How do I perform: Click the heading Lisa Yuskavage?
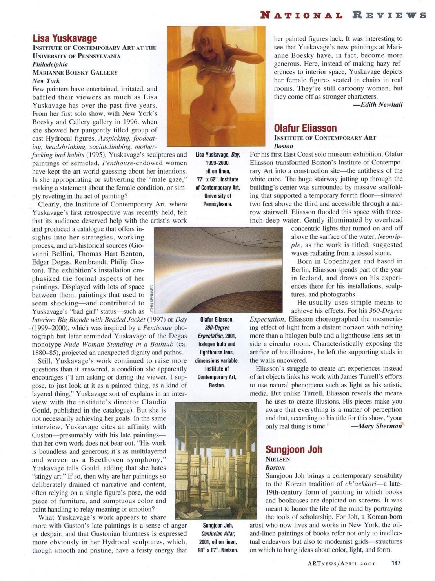[x=65, y=38]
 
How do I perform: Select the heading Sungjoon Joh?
[x=294, y=449]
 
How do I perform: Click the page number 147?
[x=395, y=563]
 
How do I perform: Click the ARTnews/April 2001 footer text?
[x=341, y=563]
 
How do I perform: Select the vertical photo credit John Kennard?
[x=151, y=298]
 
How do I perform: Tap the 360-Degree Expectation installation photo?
[x=218, y=270]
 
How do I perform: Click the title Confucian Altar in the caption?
[x=218, y=533]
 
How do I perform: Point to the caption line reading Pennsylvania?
[x=218, y=204]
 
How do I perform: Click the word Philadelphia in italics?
[x=50, y=64]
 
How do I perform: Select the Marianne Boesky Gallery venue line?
[x=75, y=72]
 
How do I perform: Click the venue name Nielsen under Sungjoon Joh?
[x=278, y=459]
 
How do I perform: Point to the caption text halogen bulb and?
[x=218, y=344]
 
